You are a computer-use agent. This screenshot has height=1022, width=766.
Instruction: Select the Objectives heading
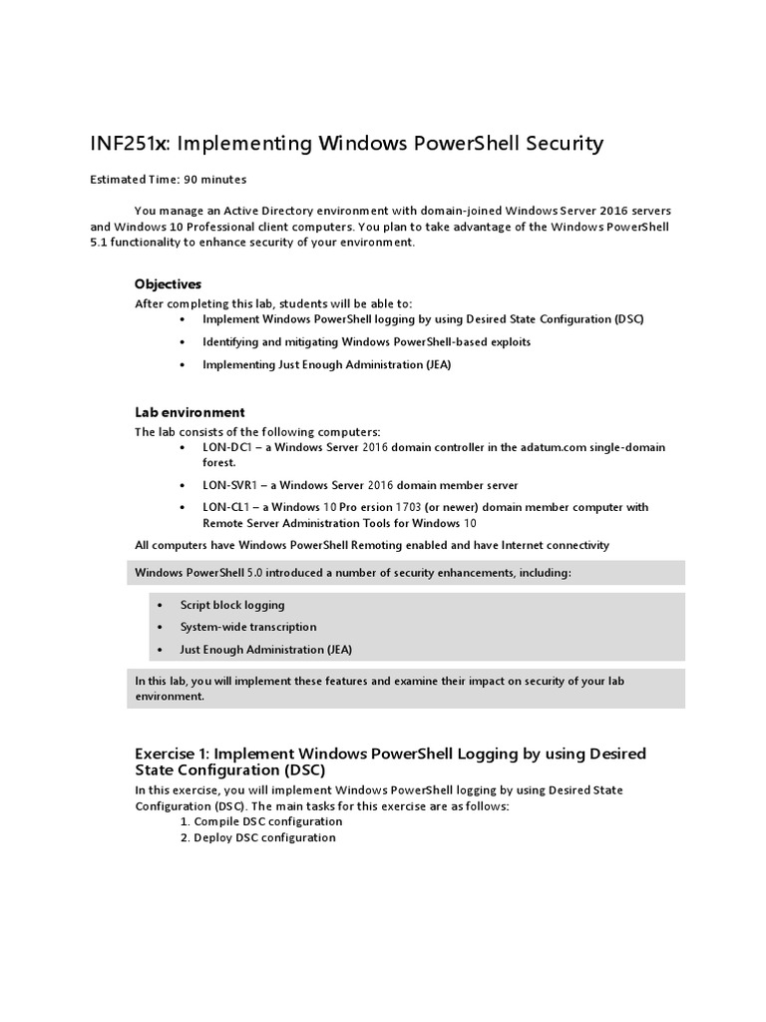coord(169,284)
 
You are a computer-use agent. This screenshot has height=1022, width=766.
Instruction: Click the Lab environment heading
coord(190,412)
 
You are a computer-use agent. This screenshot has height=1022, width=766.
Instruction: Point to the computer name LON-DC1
coord(225,447)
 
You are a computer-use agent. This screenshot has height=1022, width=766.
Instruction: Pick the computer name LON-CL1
coord(225,507)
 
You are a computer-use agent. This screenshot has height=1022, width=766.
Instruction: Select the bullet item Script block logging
coord(232,605)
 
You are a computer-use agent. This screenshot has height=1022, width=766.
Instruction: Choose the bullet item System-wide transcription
coord(248,627)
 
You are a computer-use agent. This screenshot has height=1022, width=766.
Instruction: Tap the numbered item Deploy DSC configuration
coord(265,837)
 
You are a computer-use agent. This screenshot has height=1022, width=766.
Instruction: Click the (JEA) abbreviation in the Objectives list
coord(434,364)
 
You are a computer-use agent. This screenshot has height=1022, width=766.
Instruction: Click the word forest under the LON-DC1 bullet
coord(218,462)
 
